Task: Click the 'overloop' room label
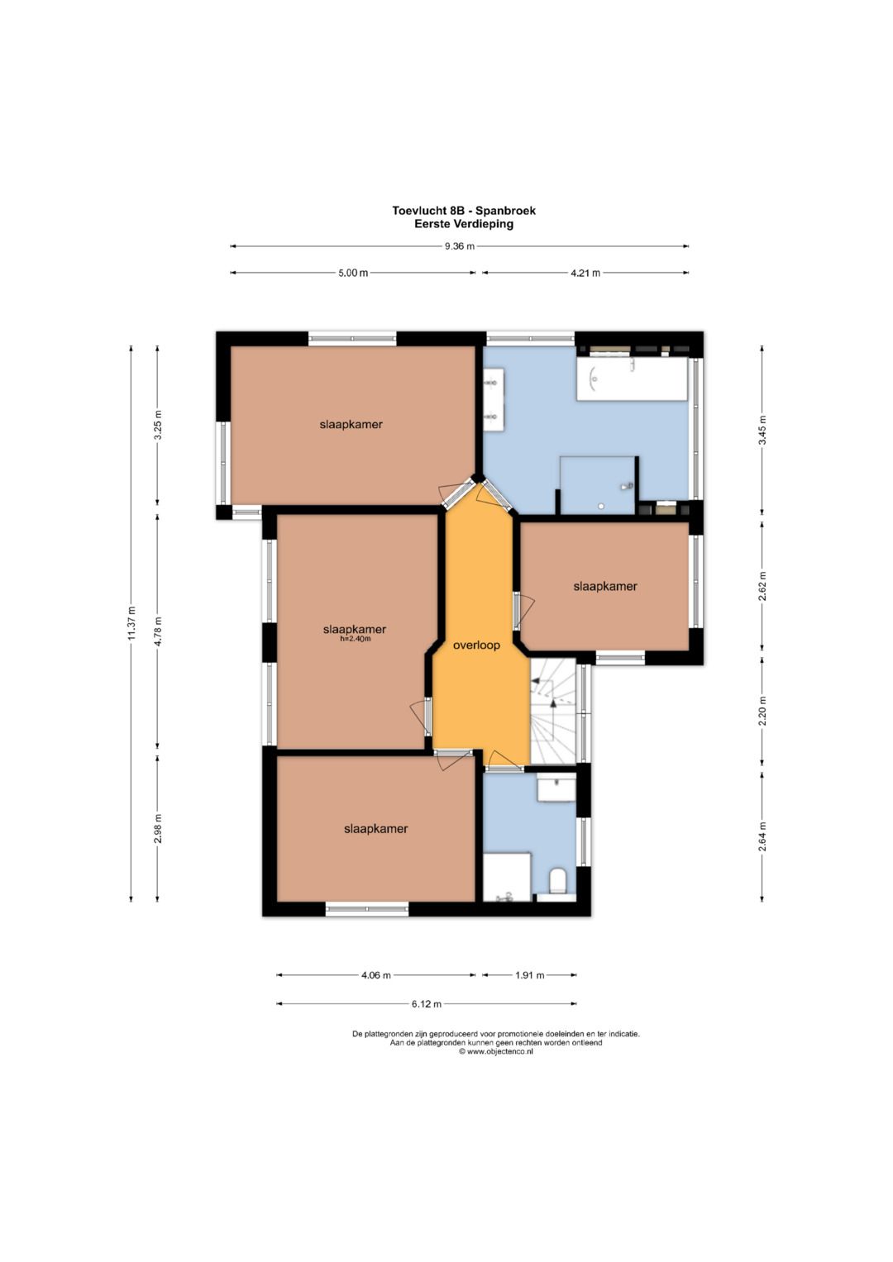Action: click(476, 645)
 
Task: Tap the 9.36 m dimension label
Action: click(460, 246)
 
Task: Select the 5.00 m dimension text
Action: click(352, 274)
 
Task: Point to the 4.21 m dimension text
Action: click(585, 274)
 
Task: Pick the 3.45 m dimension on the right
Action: click(762, 431)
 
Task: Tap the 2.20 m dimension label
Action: click(762, 712)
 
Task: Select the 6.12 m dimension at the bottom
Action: click(426, 1003)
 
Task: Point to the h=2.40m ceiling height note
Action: click(355, 639)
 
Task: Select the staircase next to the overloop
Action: click(555, 712)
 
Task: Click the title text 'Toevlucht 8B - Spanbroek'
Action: click(464, 211)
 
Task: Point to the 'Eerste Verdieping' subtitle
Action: click(464, 224)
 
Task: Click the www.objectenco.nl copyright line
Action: click(495, 1051)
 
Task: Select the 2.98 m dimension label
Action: click(159, 829)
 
